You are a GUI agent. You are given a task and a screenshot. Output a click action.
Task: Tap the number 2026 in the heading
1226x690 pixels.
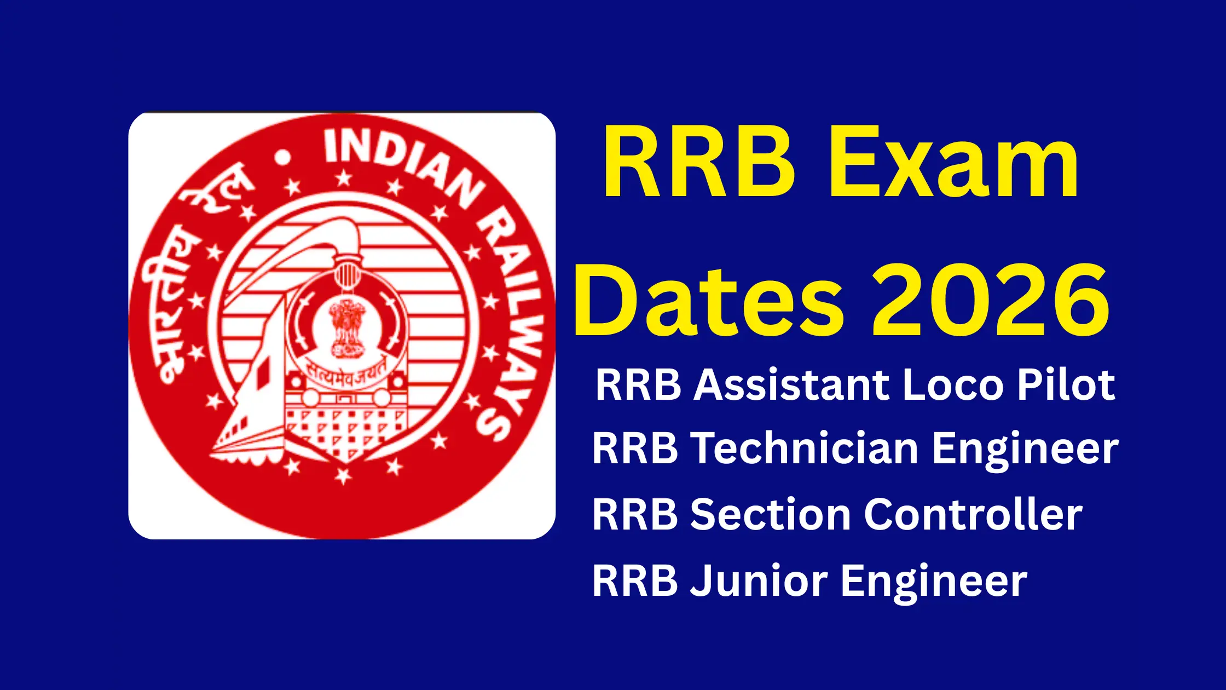tap(991, 301)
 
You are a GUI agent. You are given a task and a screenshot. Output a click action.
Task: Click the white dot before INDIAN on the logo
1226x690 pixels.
tap(283, 158)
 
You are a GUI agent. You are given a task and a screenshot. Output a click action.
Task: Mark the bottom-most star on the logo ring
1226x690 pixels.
tap(343, 476)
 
